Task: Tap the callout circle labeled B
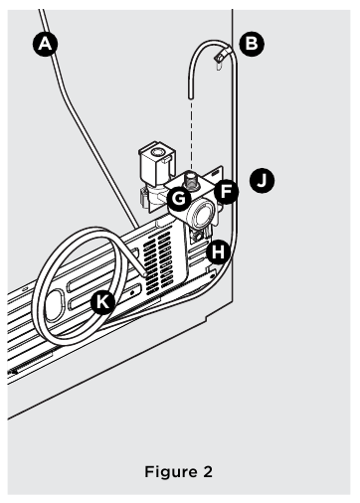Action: pos(254,43)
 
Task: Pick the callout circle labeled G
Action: pos(180,197)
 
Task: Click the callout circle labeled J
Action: pos(263,182)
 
